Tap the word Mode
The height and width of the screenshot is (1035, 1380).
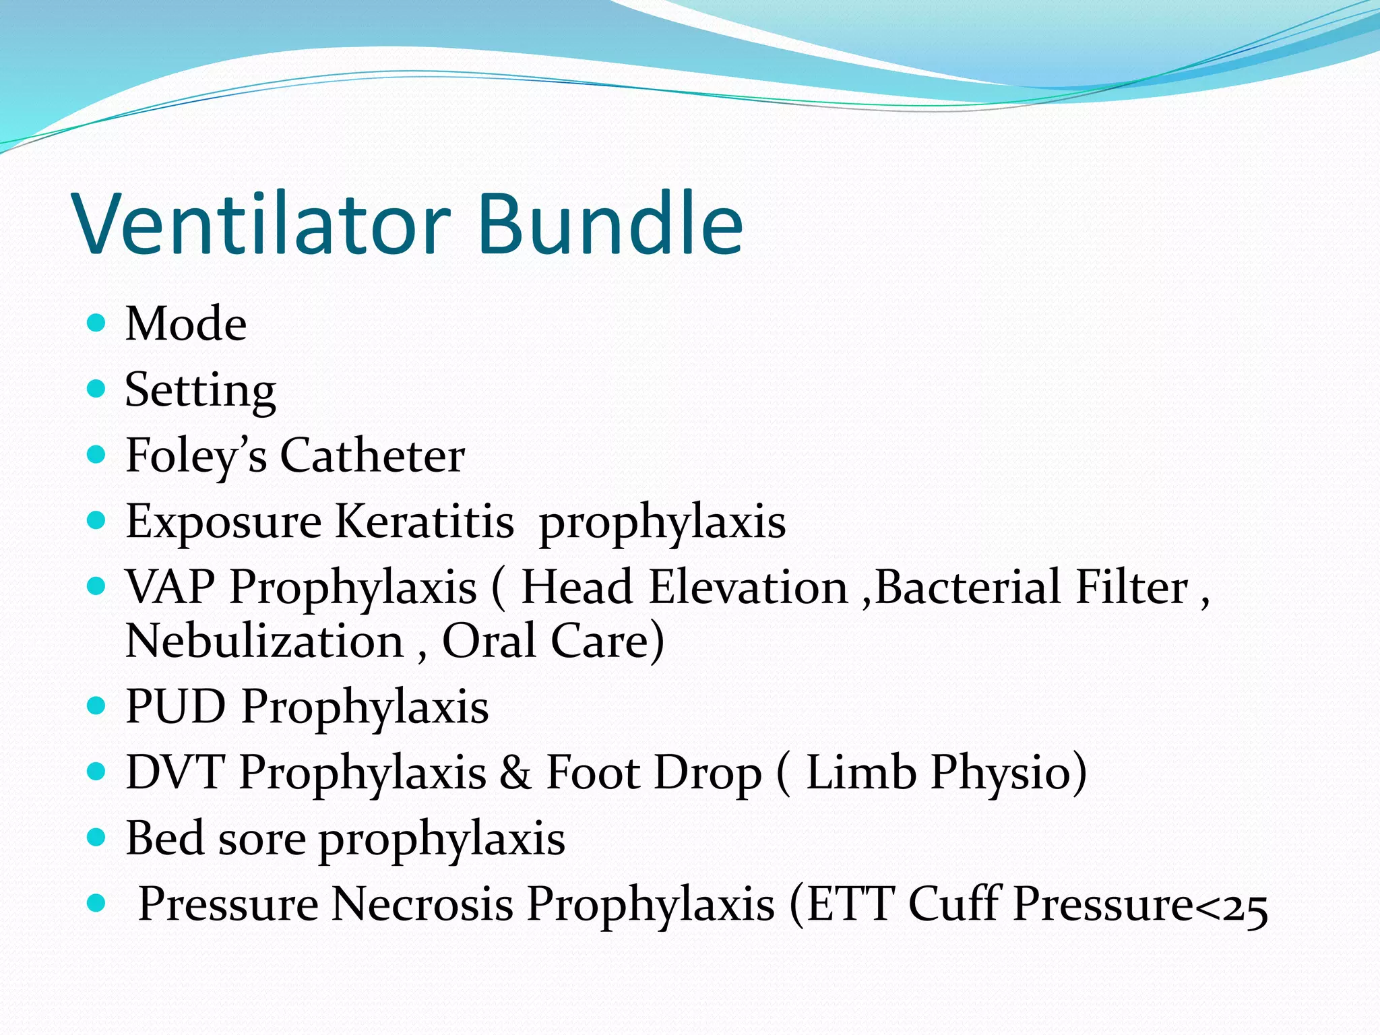coord(186,324)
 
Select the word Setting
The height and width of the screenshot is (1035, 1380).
coord(200,391)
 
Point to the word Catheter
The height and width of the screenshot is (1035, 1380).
coord(372,456)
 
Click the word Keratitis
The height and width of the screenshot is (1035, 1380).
coord(425,522)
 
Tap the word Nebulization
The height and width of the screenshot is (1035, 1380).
coord(264,641)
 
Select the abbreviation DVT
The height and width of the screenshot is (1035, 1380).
coord(175,772)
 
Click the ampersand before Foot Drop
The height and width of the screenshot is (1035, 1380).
coord(515,772)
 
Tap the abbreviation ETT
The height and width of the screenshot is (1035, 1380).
coord(851,904)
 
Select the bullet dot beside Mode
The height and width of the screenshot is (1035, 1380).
coord(97,323)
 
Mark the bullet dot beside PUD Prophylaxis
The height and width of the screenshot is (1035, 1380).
coord(97,705)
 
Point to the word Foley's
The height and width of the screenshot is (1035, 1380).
coord(196,456)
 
